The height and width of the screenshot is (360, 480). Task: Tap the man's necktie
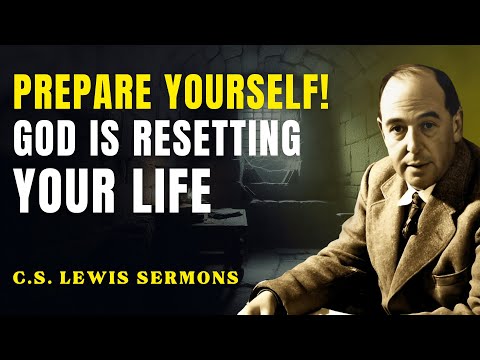[x=416, y=220]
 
